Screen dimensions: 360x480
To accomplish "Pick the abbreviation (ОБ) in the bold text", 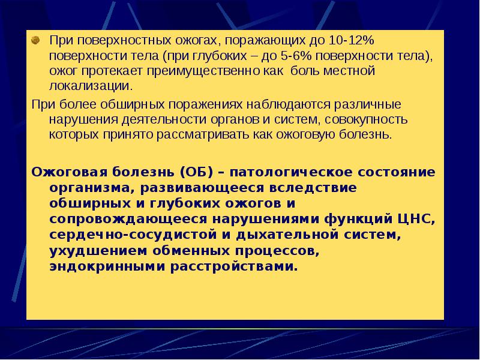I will tap(196, 172).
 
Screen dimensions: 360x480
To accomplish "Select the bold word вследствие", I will tap(318, 188).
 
